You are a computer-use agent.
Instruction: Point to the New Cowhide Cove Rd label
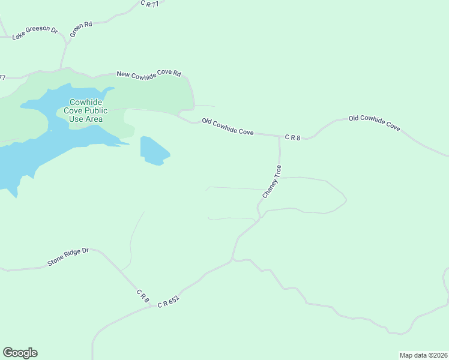coord(148,74)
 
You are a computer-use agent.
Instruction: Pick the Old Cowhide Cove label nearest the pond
coord(228,127)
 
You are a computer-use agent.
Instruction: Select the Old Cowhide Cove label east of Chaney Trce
coord(374,122)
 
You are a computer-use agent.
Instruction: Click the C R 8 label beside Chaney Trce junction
coord(292,137)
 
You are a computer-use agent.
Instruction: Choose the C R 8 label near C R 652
coord(142,295)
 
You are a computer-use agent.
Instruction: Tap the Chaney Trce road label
coord(272,182)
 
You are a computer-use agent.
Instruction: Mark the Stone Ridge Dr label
coord(68,257)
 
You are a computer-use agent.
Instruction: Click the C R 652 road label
coord(169,301)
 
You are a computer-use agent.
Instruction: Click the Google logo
coord(20,353)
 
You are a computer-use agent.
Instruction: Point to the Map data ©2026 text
coord(423,355)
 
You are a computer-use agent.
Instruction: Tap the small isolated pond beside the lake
coord(153,151)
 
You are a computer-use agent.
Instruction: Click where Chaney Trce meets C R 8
coord(280,137)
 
